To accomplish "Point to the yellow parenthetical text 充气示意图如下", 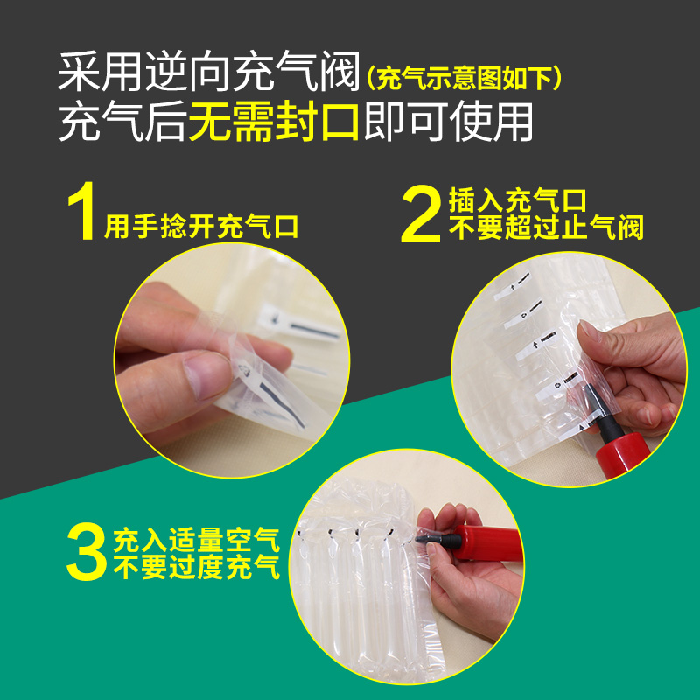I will [464, 79].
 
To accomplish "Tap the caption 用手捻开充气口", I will [202, 227].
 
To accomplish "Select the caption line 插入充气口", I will [516, 200].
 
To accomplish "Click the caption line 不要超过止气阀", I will [546, 228].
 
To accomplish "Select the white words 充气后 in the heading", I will [122, 123].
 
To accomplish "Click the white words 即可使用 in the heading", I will [447, 123].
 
